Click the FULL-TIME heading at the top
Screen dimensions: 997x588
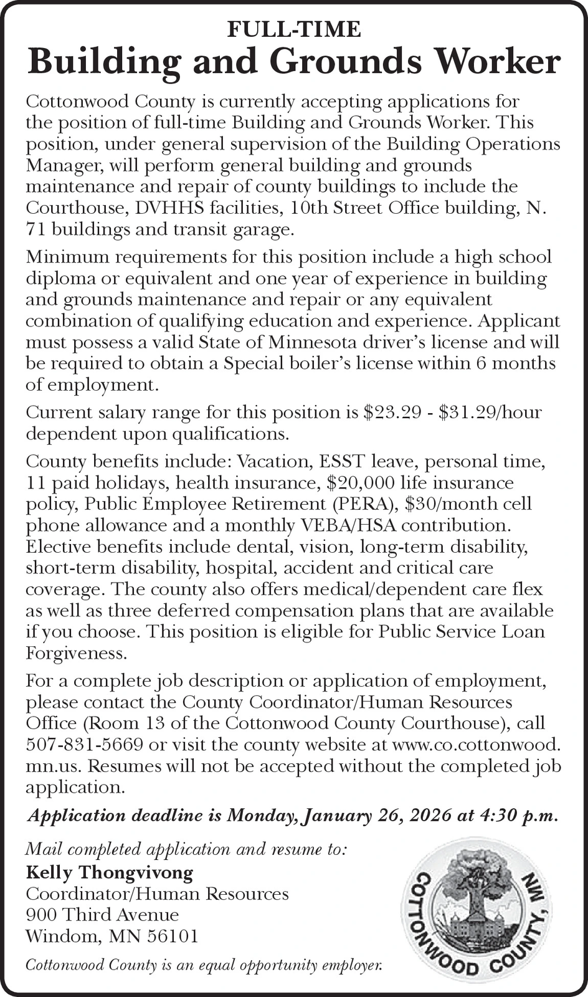pos(294,29)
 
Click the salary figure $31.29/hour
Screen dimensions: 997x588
pos(490,413)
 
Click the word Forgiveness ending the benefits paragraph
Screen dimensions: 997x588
pos(76,653)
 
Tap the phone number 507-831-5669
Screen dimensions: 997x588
pos(85,745)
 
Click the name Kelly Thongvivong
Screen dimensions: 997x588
pos(109,872)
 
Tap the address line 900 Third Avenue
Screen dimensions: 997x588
pos(102,914)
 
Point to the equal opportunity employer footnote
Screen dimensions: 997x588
pos(204,965)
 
